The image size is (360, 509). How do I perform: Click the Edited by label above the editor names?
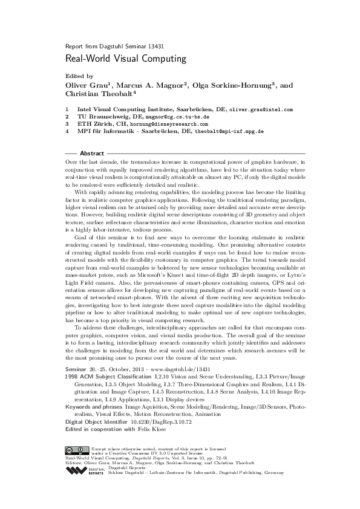(79, 77)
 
